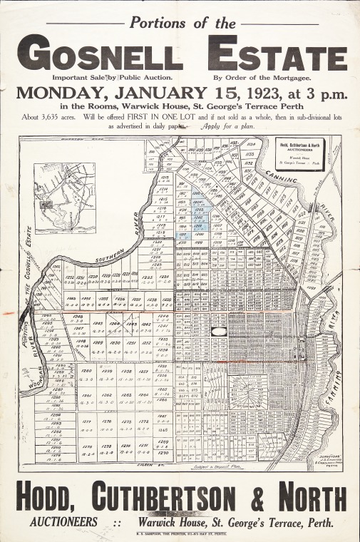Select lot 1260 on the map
87,372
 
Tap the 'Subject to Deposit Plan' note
217,464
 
